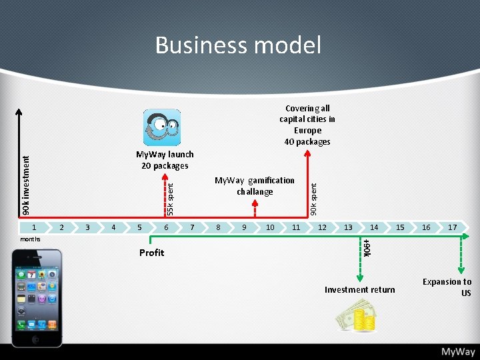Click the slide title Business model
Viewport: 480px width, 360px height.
coord(238,45)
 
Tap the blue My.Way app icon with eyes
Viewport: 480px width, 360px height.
coord(162,127)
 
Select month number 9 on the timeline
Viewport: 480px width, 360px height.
coord(244,227)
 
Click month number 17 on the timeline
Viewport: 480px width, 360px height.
coord(453,227)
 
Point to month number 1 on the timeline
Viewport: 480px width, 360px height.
coord(36,227)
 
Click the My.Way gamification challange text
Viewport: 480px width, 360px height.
coord(254,186)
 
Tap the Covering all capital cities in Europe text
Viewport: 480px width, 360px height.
coord(307,125)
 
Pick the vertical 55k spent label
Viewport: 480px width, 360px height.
coord(170,199)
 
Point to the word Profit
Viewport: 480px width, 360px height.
coord(151,253)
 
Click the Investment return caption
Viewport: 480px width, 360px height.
coord(359,289)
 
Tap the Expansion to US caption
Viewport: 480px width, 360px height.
coord(447,287)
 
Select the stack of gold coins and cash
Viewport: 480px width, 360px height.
coord(357,315)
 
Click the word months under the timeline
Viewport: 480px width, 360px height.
coord(30,239)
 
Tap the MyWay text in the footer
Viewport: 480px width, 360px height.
coord(457,351)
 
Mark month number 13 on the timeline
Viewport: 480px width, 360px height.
coord(348,227)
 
